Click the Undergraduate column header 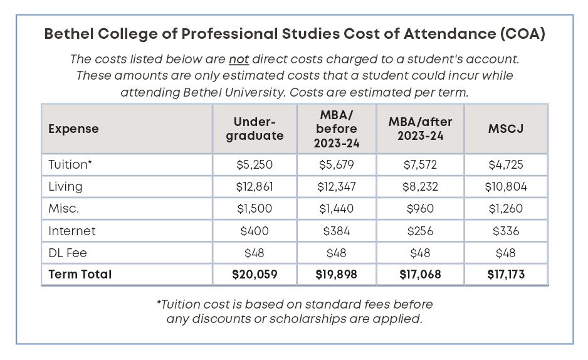(x=255, y=128)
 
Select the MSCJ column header (x=505, y=128)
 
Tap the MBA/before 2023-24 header (x=336, y=129)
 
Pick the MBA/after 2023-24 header (x=420, y=128)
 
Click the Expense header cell (x=73, y=129)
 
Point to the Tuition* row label (x=69, y=164)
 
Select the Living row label (x=65, y=186)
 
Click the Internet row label (x=72, y=231)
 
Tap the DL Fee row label (x=67, y=253)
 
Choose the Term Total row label (x=80, y=274)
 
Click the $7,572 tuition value (x=420, y=164)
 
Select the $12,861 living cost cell (x=255, y=186)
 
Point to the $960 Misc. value (x=420, y=209)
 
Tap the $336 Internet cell (x=505, y=231)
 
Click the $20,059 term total (x=255, y=274)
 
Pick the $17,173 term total (x=505, y=274)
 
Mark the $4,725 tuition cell (x=505, y=164)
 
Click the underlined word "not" (x=239, y=60)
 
